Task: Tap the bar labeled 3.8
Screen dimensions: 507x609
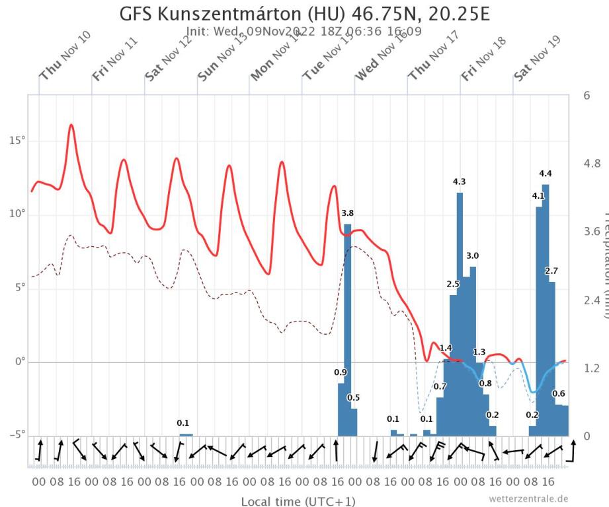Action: pyautogui.click(x=347, y=330)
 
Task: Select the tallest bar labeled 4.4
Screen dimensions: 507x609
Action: pyautogui.click(x=546, y=310)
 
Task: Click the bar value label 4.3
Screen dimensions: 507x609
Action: pyautogui.click(x=460, y=182)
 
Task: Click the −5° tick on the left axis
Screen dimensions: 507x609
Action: pyautogui.click(x=15, y=434)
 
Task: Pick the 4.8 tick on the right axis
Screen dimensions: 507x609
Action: pyautogui.click(x=590, y=163)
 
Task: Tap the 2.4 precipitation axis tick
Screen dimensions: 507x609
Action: pyautogui.click(x=590, y=300)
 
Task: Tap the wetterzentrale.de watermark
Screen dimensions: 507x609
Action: pyautogui.click(x=528, y=498)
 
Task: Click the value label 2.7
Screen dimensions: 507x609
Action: pyautogui.click(x=551, y=271)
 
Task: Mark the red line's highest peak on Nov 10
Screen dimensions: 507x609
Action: pyautogui.click(x=71, y=124)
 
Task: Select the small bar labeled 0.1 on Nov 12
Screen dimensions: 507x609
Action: pyautogui.click(x=186, y=434)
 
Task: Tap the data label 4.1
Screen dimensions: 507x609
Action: pyautogui.click(x=538, y=196)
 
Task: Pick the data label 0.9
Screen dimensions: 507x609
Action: pyautogui.click(x=341, y=372)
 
